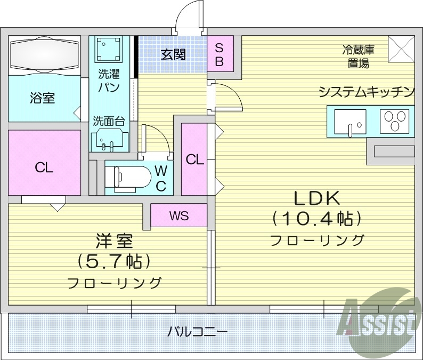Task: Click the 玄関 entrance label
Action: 173,54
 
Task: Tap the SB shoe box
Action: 219,53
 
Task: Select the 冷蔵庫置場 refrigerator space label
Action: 358,57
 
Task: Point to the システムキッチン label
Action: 367,92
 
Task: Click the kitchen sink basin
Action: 350,122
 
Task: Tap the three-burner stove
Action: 395,121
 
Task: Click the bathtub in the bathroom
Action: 44,55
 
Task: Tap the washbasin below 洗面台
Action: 109,140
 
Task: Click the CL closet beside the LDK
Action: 195,159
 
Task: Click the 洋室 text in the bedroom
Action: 114,242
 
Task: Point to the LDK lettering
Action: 318,198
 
